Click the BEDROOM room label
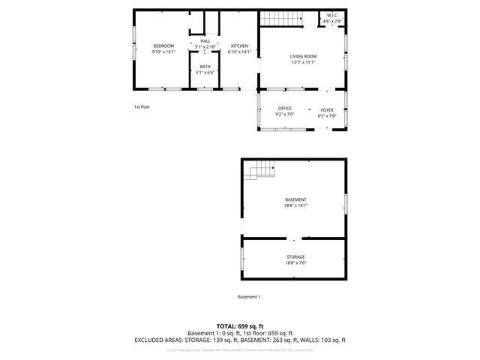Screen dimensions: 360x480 tap(163, 46)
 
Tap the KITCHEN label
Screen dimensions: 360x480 tap(239, 46)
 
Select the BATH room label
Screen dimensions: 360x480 tap(205, 67)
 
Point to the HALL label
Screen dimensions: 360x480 tap(205, 40)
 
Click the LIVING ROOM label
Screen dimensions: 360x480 tap(304, 56)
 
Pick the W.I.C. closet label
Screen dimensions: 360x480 tap(332, 16)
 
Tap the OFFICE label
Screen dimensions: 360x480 tap(285, 109)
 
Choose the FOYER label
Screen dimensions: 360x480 tap(328, 109)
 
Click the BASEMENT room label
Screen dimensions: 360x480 tap(295, 199)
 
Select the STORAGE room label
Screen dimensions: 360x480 tap(295, 257)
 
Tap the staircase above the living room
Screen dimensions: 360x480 tap(282, 19)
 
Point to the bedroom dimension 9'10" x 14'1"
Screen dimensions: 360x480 tap(163, 52)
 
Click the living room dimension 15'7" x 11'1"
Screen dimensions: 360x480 tap(304, 62)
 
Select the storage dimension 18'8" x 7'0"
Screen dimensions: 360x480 tap(295, 263)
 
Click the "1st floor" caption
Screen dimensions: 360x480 tap(142, 107)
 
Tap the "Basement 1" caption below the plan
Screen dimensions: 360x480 tap(249, 297)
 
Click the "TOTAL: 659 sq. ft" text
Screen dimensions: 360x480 tap(240, 326)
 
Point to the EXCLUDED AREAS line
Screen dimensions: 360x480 tap(240, 340)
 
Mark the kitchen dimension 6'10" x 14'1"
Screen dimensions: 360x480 tap(239, 52)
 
